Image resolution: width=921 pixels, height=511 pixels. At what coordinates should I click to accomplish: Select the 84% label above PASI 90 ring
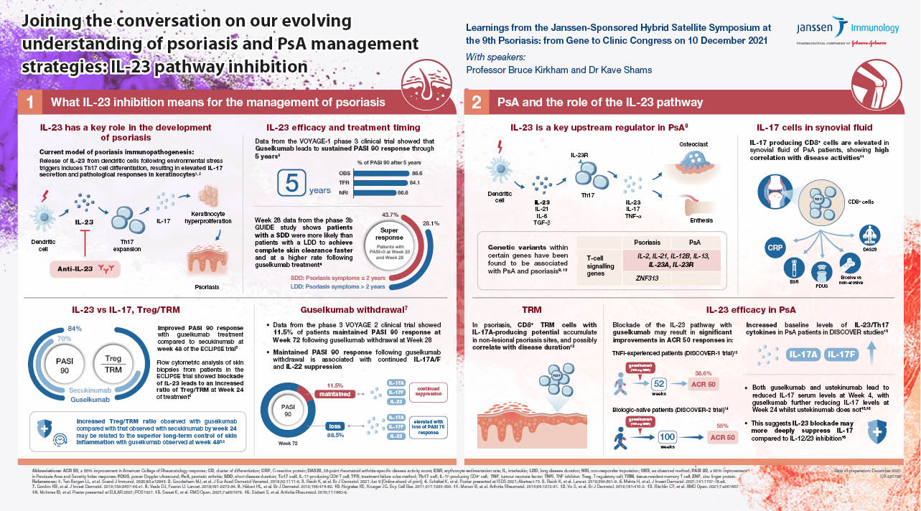tap(73, 329)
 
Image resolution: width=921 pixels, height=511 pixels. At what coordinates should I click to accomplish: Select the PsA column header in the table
tap(696, 242)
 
